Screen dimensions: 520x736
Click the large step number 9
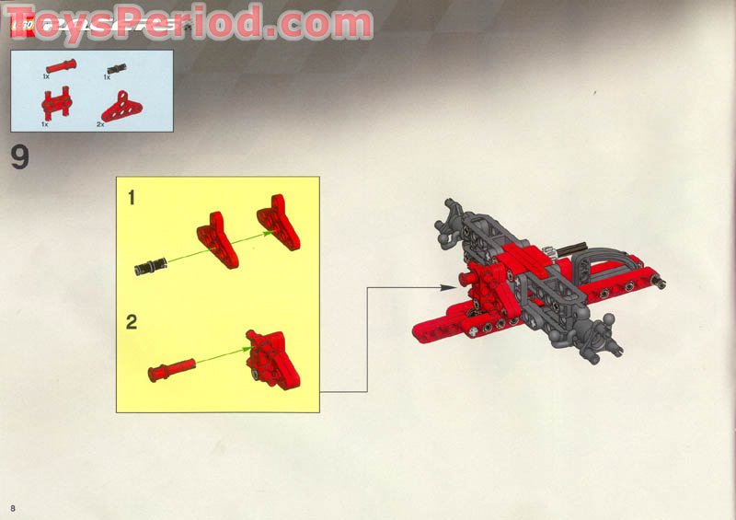pos(19,157)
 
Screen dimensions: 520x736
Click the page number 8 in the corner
pos(14,509)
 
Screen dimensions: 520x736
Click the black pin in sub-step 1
pos(147,267)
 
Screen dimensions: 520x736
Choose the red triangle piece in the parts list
pos(116,107)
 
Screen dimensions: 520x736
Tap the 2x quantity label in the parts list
pos(100,123)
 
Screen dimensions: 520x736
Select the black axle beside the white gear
pos(567,248)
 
